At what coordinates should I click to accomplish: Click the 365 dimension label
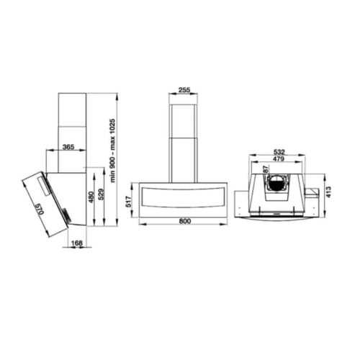click(69, 147)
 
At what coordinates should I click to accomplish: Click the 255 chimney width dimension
click(184, 90)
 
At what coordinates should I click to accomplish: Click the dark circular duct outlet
click(276, 184)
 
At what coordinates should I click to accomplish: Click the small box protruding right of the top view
click(311, 194)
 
